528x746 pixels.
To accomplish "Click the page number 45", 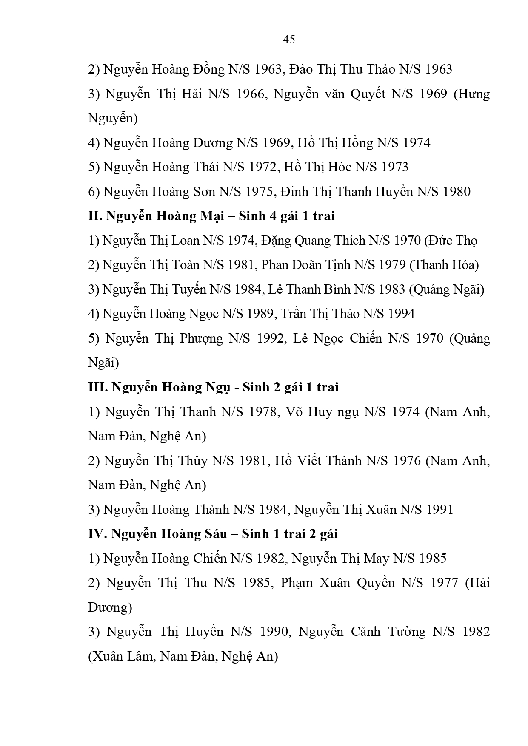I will coord(288,40).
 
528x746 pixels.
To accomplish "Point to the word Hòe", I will coord(340,167).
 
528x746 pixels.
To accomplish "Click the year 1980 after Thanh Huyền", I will coord(457,192).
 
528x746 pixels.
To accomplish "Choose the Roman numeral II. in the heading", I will coord(95,216).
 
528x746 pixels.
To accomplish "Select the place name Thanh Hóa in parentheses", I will coord(444,265).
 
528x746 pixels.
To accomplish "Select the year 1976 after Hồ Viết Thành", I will coord(407,461).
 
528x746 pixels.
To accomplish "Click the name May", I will coord(377,558).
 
